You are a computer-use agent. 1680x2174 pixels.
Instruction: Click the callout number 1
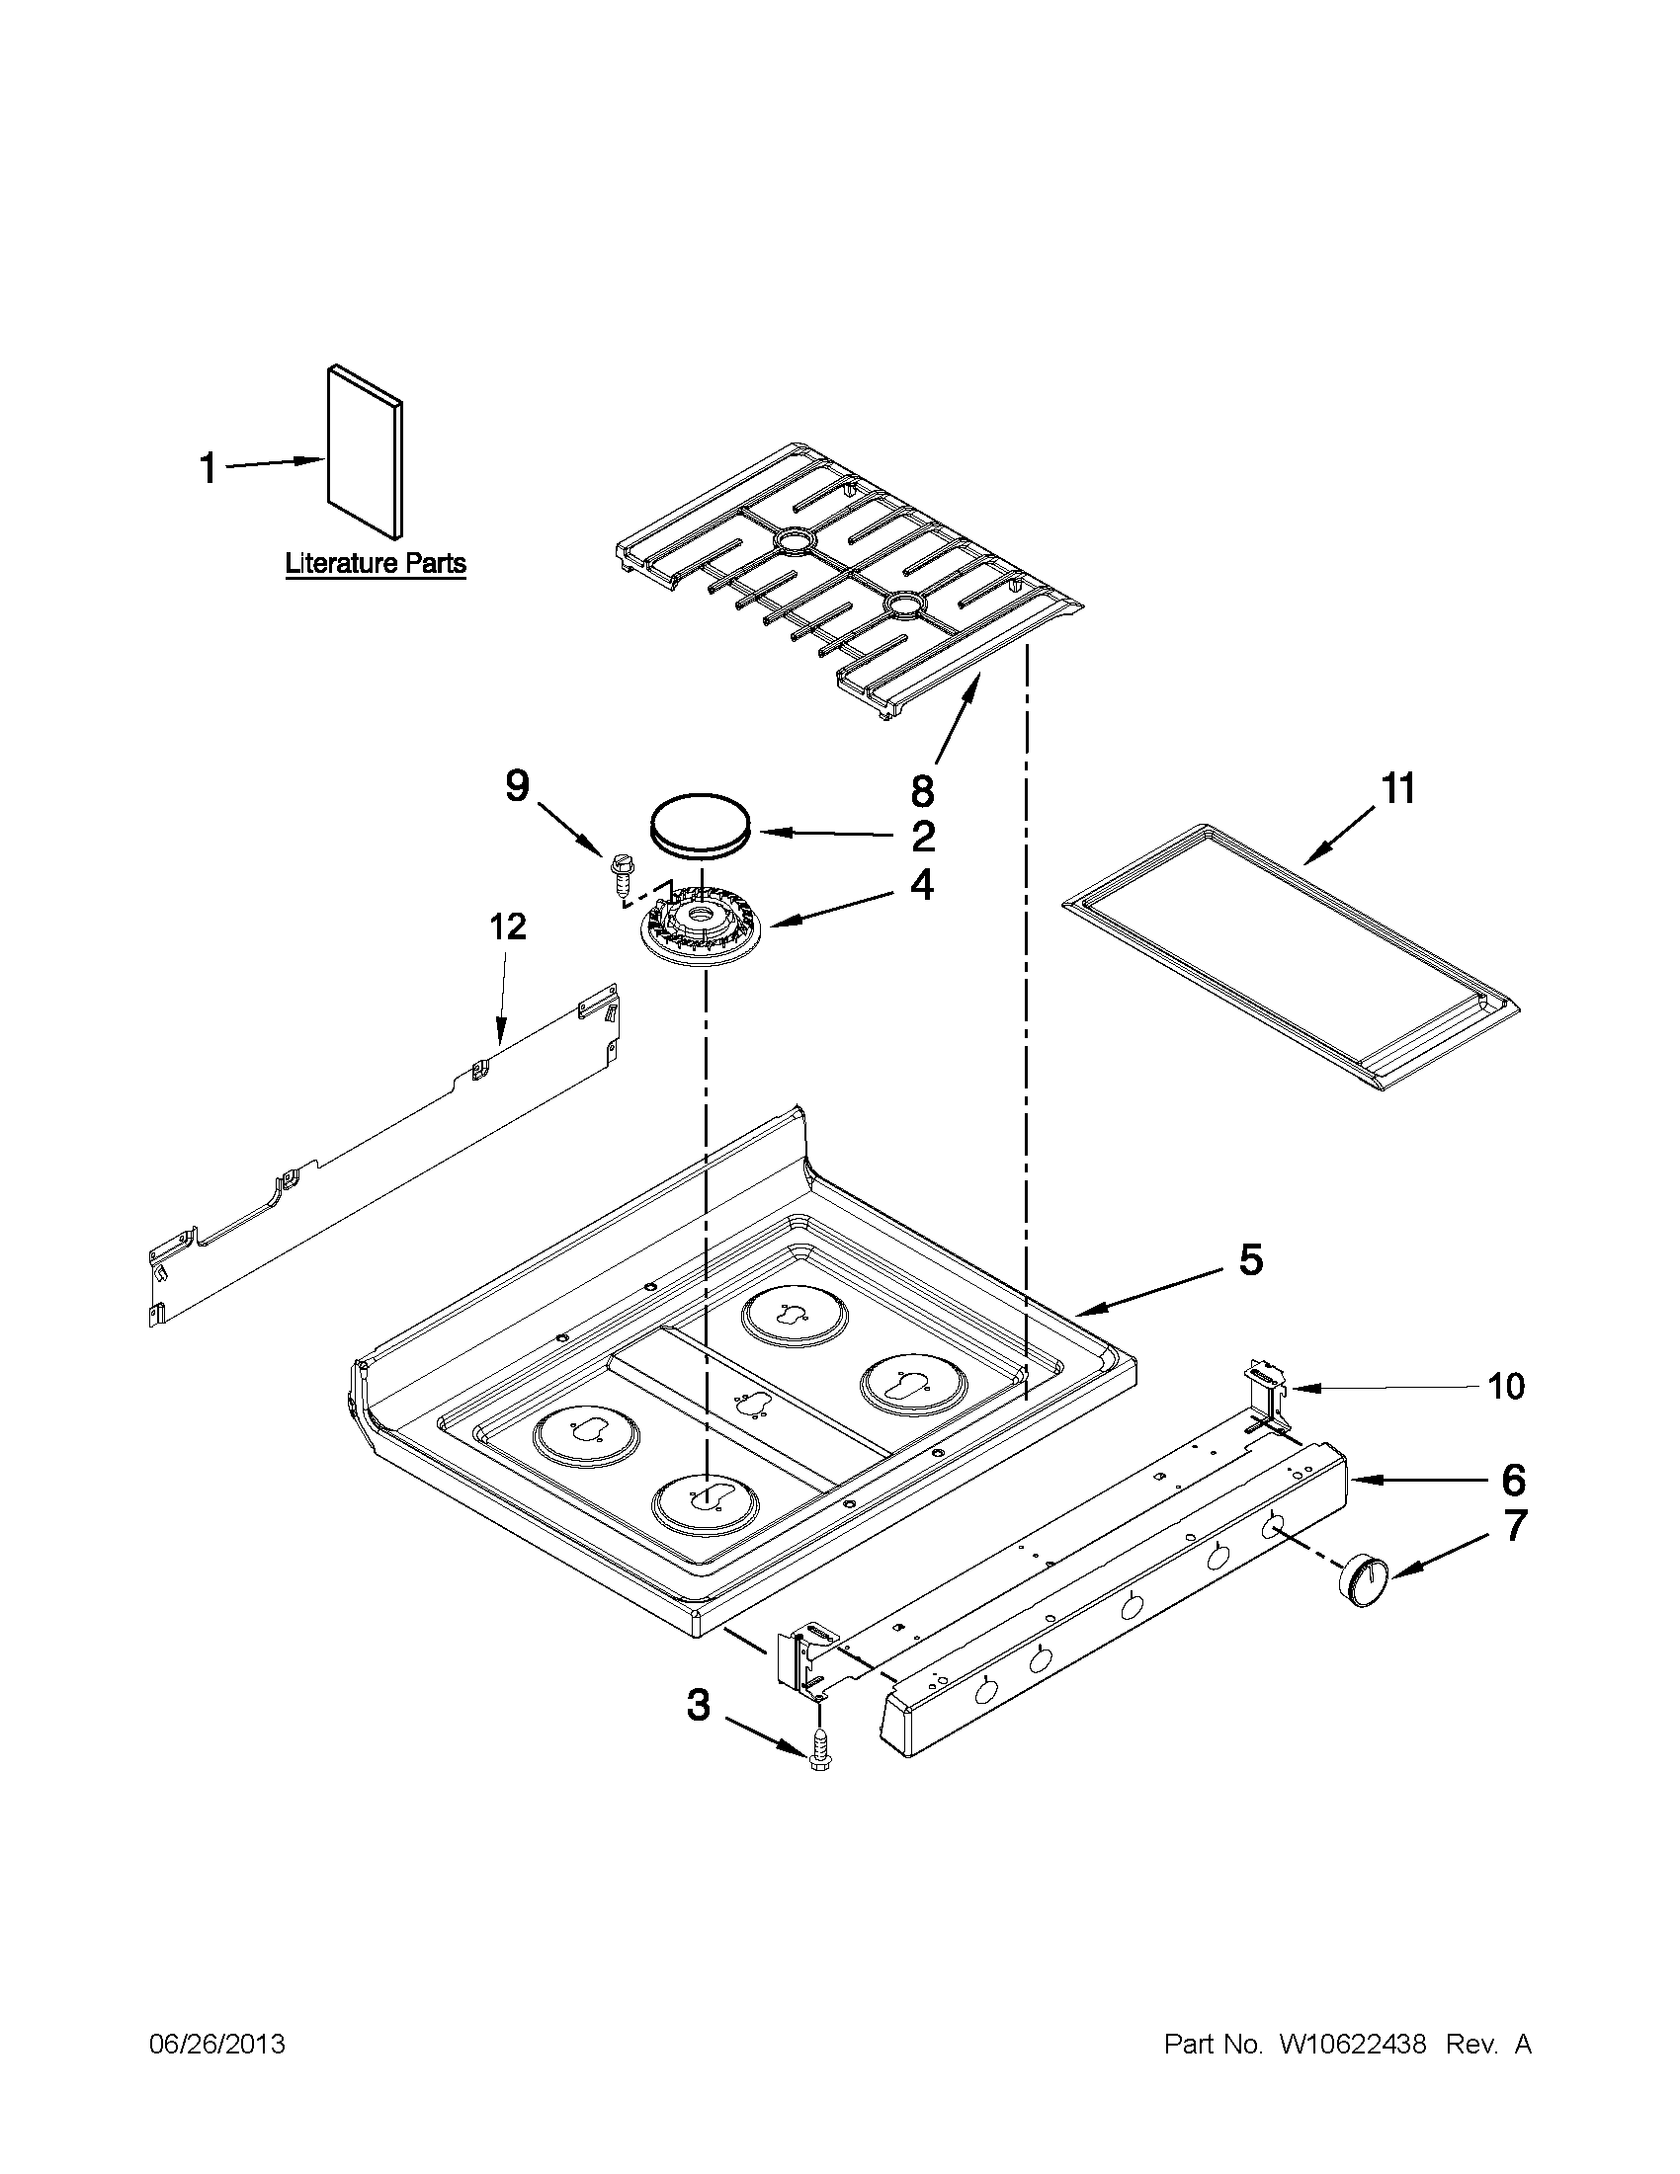208,468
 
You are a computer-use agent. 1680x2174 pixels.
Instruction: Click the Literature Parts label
376,563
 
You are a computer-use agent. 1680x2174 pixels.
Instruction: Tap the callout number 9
517,786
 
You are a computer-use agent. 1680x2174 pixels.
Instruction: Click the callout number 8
922,791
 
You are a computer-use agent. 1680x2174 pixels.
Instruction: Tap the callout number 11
1396,789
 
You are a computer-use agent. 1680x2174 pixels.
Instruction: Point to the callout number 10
1505,1386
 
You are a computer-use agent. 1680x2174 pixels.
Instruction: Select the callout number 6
1513,1481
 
